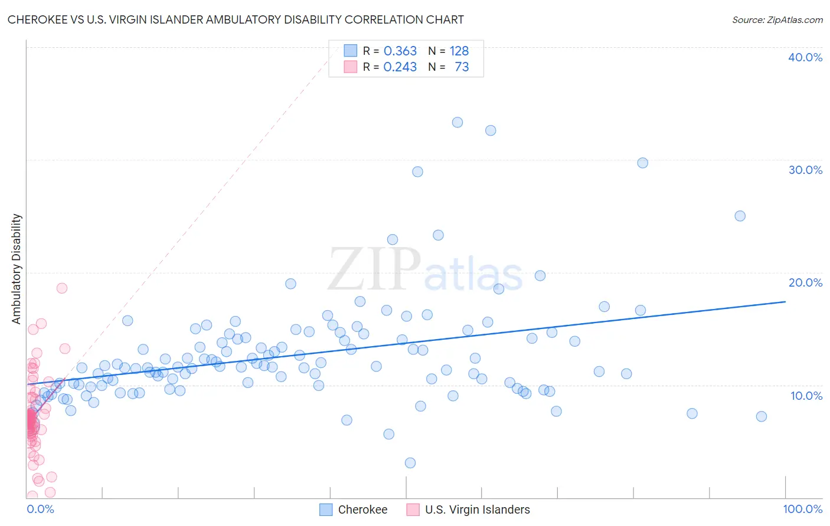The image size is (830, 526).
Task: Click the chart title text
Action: click(x=236, y=19)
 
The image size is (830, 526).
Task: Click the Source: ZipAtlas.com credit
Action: click(x=777, y=19)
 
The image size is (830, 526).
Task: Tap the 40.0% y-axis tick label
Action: click(x=805, y=57)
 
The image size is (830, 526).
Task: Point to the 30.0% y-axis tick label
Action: click(x=805, y=170)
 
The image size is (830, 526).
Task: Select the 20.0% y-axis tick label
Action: click(x=805, y=282)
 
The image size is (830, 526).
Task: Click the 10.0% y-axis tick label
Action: click(x=806, y=396)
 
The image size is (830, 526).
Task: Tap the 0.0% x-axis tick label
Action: click(x=41, y=509)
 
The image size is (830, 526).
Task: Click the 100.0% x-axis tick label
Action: click(x=802, y=509)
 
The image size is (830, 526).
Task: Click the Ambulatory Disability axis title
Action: click(x=17, y=269)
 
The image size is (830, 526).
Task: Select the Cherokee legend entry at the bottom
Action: click(x=362, y=509)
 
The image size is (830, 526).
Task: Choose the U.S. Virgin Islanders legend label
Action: click(x=477, y=509)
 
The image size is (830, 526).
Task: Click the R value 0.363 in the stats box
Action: click(x=400, y=51)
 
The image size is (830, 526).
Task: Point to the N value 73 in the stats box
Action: click(x=462, y=67)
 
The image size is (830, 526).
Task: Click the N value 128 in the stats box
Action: click(x=459, y=51)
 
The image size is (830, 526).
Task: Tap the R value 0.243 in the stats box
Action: click(x=400, y=67)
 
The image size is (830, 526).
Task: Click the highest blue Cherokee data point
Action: click(x=458, y=123)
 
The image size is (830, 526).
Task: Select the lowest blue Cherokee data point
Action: click(x=410, y=463)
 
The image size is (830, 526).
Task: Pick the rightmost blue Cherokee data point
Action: click(x=762, y=416)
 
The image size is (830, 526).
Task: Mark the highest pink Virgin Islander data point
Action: click(x=62, y=288)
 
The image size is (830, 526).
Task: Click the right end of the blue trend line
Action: click(x=785, y=301)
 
